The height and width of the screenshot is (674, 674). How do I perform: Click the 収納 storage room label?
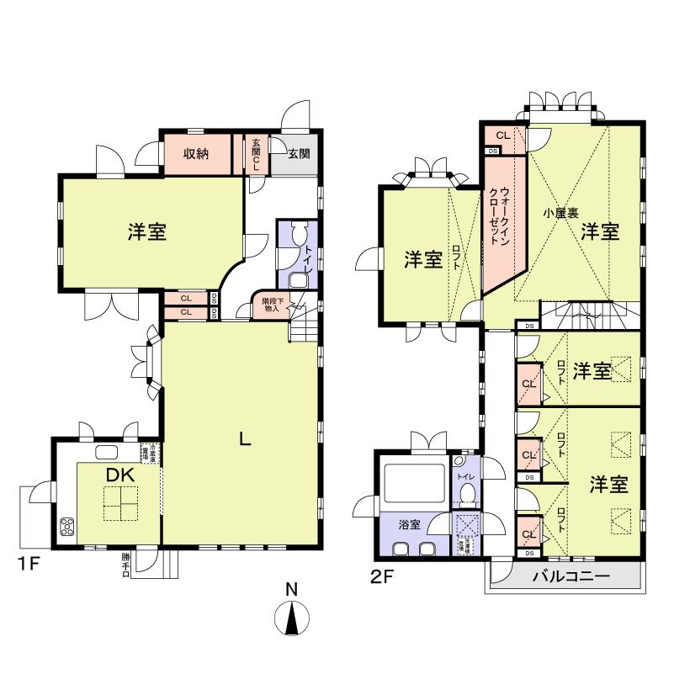point(196,154)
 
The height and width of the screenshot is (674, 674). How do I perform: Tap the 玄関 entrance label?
point(298,154)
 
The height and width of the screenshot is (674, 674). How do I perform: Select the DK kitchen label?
point(120,475)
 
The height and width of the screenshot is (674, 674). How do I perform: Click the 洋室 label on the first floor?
point(147,232)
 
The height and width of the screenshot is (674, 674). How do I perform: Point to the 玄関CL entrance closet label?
point(257,154)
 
